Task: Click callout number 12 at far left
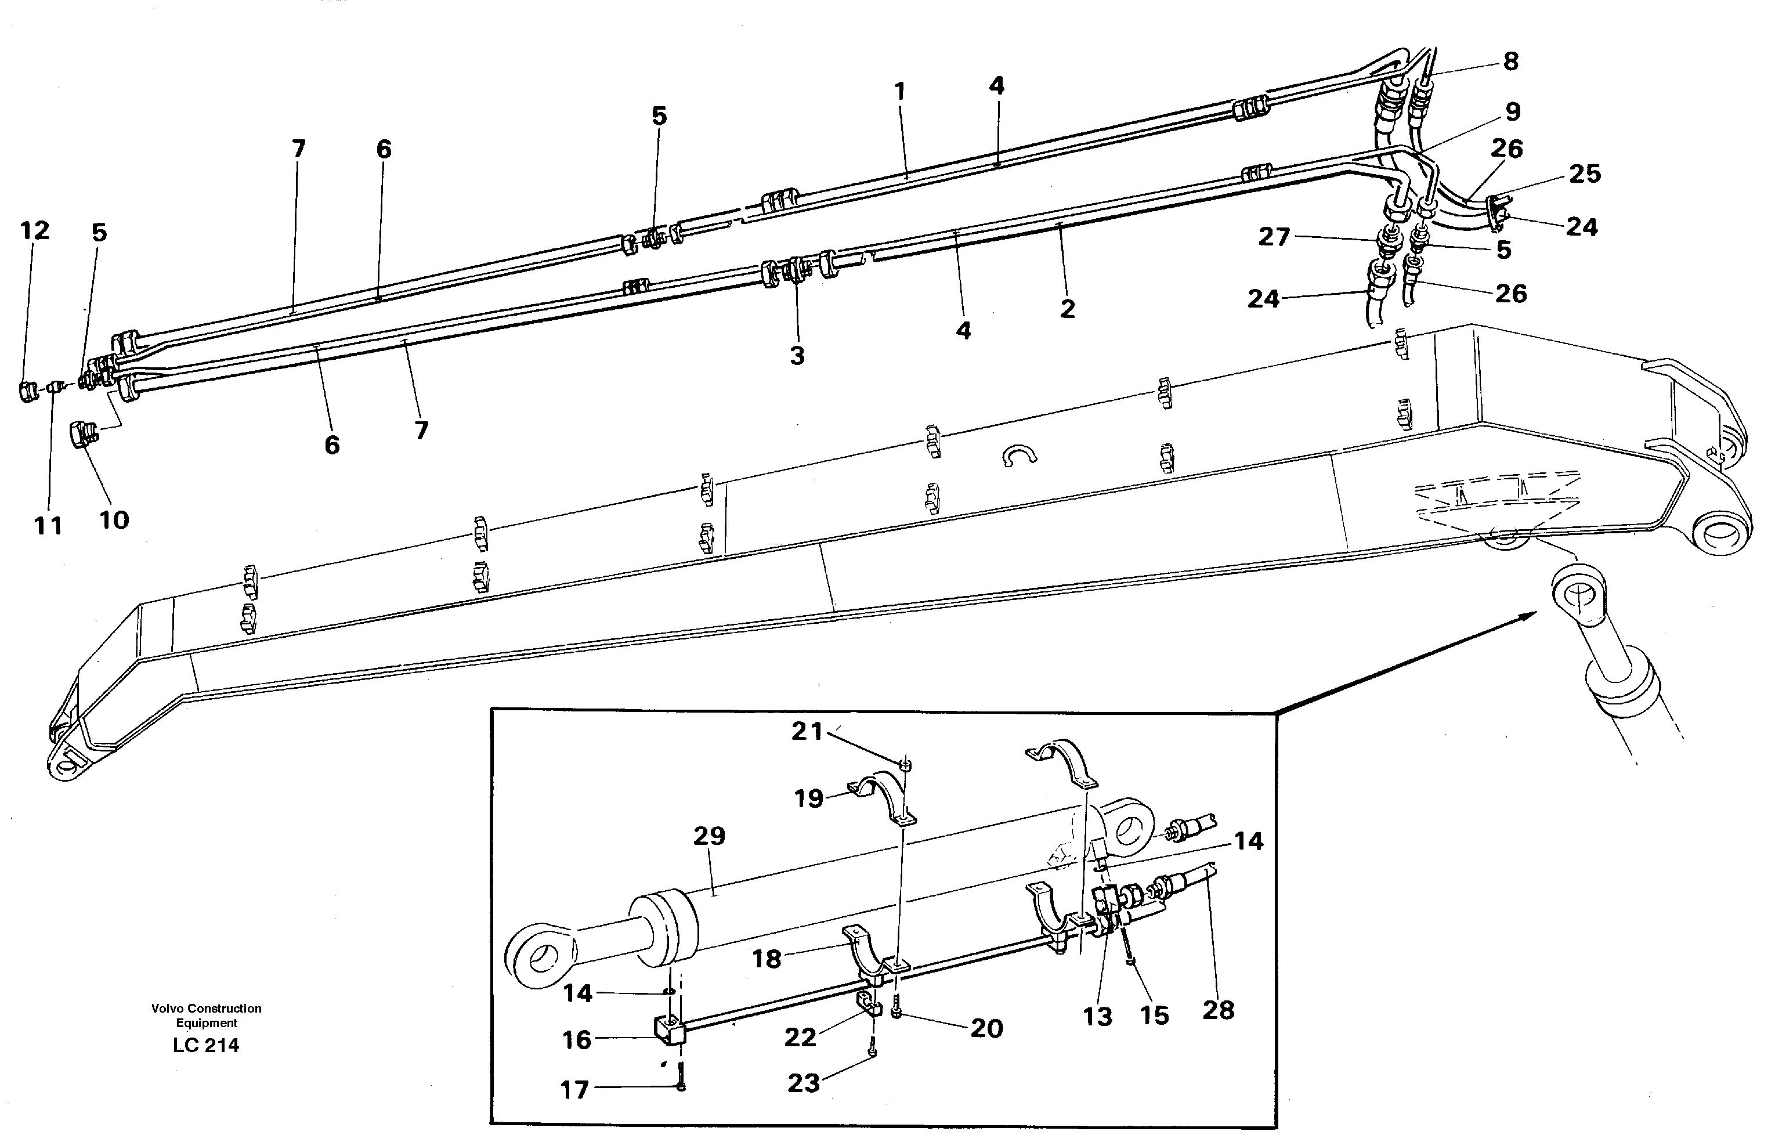[34, 230]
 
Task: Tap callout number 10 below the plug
[114, 521]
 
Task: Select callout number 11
[48, 526]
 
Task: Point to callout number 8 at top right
[1511, 62]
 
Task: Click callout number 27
[1274, 237]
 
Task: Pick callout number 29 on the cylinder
[709, 836]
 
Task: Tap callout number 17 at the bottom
[574, 1090]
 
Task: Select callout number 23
[804, 1083]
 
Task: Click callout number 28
[1218, 1010]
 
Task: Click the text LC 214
[206, 1046]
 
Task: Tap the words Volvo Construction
[206, 1009]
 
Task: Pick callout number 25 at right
[1585, 174]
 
